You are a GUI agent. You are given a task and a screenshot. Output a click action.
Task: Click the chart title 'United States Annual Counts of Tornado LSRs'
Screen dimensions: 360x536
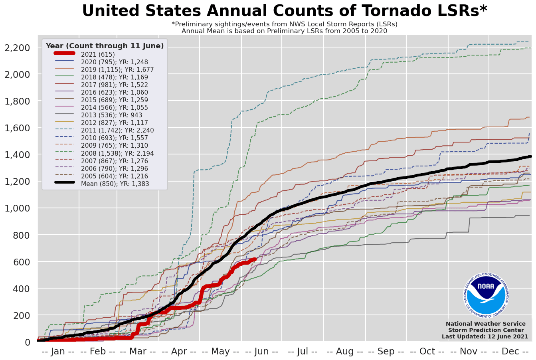point(285,11)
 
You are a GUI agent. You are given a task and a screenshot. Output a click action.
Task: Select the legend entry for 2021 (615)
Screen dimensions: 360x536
point(98,54)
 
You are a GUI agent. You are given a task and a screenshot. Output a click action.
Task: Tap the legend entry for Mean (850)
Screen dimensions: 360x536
point(115,184)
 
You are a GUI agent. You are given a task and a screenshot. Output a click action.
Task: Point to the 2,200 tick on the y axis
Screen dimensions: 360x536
point(17,48)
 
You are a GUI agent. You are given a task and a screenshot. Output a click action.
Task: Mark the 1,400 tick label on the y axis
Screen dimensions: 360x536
point(17,155)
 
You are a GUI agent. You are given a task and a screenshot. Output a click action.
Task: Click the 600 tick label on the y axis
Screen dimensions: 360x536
point(22,262)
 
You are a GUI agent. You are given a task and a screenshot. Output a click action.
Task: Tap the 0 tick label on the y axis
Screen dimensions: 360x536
point(28,342)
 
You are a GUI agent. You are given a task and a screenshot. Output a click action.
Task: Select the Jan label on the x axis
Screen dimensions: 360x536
point(58,352)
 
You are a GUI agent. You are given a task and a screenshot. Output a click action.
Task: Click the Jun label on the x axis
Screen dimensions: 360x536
point(261,352)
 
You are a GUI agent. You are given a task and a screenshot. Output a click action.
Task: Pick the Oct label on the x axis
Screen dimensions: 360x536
point(427,352)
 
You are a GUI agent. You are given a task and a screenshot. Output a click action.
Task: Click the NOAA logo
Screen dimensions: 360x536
point(486,294)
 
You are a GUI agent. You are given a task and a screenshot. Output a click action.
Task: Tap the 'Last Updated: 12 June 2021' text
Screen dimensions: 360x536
point(485,337)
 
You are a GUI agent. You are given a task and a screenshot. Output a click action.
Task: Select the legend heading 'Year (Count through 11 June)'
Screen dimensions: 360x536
point(105,46)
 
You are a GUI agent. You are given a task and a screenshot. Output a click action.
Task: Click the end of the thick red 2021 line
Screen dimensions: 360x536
point(255,259)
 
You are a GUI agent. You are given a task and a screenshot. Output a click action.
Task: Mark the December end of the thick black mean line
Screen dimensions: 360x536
point(530,156)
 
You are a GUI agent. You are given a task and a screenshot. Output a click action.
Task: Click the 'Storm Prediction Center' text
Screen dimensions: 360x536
point(486,330)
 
